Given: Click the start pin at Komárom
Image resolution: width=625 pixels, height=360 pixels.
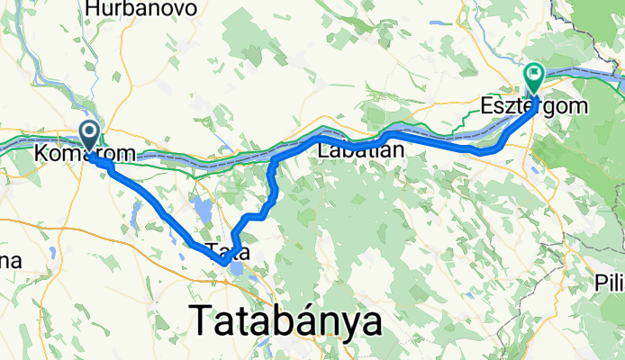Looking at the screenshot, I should pyautogui.click(x=90, y=136).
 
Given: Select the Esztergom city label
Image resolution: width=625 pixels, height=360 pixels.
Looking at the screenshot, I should pyautogui.click(x=539, y=105).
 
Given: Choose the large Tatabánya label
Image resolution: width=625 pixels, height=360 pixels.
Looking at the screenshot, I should pyautogui.click(x=285, y=321).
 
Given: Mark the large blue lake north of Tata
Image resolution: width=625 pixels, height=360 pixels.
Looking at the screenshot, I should pyautogui.click(x=204, y=211).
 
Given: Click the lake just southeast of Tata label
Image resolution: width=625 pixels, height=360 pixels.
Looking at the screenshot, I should pyautogui.click(x=237, y=269).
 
